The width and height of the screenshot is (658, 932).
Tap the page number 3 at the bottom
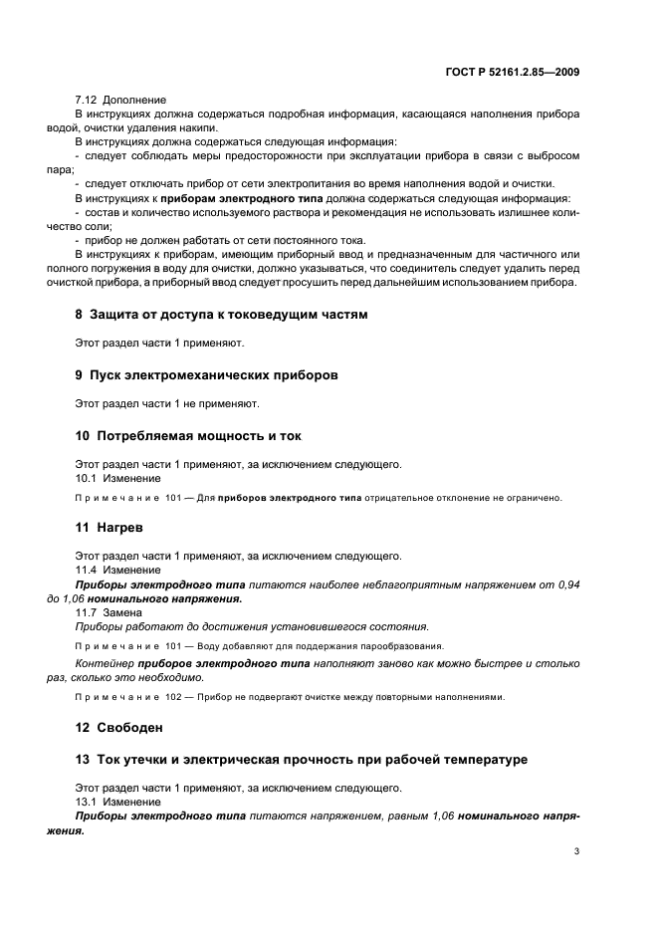[576, 851]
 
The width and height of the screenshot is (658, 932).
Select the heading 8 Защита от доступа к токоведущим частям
[221, 315]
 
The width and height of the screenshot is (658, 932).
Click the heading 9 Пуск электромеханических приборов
[206, 375]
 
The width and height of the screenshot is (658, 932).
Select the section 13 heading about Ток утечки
[301, 760]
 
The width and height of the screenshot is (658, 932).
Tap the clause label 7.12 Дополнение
[121, 101]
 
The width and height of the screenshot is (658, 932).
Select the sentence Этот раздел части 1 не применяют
[167, 404]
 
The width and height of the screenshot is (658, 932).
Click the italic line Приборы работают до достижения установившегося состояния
[252, 626]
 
